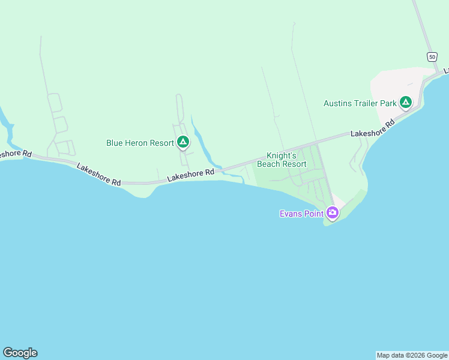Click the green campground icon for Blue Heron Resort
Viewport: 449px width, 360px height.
183,143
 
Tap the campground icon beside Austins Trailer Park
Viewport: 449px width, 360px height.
406,103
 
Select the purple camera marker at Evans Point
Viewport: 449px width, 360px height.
332,212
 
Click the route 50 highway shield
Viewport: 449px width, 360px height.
432,56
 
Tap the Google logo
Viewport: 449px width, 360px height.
20,353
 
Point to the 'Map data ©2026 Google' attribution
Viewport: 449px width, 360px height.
412,355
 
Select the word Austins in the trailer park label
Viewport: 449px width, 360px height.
337,103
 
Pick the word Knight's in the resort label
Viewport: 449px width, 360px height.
282,155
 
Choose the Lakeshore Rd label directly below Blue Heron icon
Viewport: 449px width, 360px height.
190,175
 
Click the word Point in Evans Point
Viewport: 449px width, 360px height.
314,214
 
